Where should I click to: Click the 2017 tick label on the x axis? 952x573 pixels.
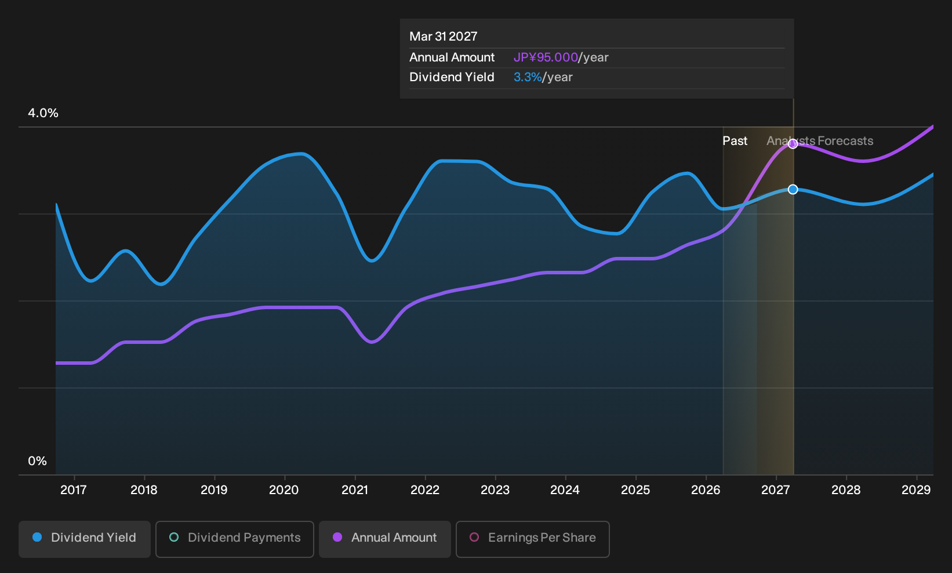point(74,489)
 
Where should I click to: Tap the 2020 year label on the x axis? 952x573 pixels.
point(284,489)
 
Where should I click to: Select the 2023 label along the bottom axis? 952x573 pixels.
point(495,489)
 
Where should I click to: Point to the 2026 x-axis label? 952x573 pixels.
point(706,489)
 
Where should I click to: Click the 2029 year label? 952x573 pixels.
point(916,489)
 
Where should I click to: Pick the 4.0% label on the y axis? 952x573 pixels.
point(43,113)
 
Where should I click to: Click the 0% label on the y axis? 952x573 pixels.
point(38,461)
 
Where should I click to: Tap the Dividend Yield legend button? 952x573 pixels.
point(85,539)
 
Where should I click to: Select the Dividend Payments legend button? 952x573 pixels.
point(235,539)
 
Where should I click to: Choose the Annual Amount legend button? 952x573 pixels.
point(384,539)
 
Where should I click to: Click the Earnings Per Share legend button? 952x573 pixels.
point(532,539)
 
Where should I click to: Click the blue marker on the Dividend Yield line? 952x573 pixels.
point(793,189)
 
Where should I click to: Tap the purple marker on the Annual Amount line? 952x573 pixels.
point(793,144)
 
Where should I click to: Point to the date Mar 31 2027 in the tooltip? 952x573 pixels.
point(444,37)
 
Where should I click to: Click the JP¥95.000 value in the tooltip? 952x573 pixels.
point(546,57)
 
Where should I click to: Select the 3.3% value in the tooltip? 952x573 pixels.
point(528,77)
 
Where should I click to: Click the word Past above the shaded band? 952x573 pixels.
point(735,141)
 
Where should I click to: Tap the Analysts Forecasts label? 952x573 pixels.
point(820,141)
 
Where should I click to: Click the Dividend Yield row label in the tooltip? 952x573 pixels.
point(452,77)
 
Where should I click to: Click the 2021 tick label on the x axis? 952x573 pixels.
point(354,489)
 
